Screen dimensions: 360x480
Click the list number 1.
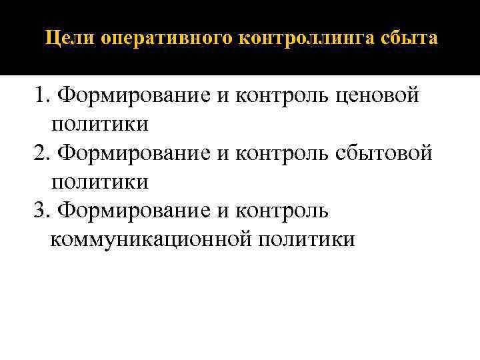click(x=41, y=96)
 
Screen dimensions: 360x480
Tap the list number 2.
click(x=41, y=153)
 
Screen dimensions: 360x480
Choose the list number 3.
click(x=41, y=211)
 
